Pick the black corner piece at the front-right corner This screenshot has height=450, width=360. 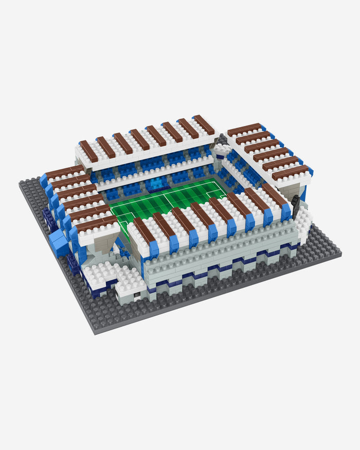[x=296, y=205]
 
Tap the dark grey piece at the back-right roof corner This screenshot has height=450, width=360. [x=222, y=139]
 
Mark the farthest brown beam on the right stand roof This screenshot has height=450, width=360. [x=244, y=129]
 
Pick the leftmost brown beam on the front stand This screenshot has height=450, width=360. [x=146, y=230]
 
